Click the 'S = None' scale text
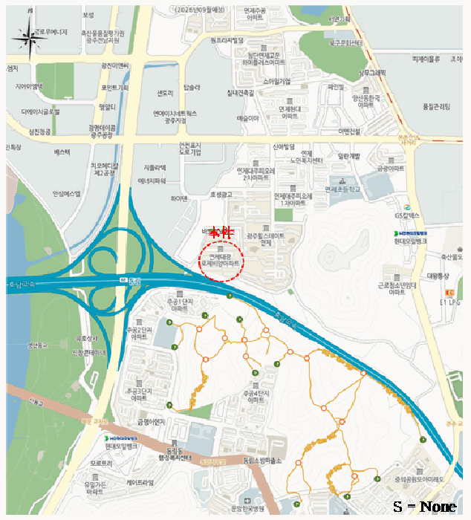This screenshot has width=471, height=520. click(x=424, y=507)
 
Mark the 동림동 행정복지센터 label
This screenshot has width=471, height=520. click(x=179, y=454)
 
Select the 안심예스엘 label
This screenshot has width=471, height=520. click(x=66, y=194)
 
